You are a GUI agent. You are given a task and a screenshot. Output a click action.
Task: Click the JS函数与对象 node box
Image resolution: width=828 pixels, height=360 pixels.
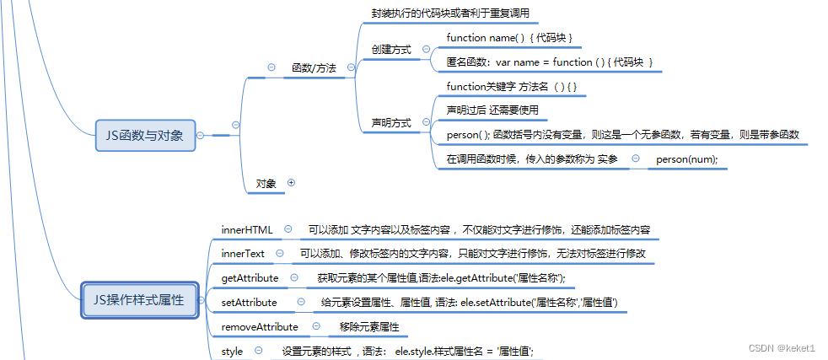[x=145, y=135]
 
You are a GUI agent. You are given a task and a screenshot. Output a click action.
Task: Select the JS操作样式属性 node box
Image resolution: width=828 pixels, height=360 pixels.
[x=139, y=300]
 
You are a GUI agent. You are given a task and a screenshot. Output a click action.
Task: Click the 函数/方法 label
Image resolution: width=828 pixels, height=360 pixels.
[x=314, y=68]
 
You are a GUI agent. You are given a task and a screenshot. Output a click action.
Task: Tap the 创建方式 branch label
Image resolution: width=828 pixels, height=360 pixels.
[x=391, y=50]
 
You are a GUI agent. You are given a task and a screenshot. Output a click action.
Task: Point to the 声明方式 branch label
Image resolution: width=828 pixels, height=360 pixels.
[x=391, y=123]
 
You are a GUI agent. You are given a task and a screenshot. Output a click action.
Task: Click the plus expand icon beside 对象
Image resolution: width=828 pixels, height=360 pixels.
[x=291, y=183]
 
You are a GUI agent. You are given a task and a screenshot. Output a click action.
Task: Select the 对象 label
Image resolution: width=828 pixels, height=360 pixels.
[x=266, y=184]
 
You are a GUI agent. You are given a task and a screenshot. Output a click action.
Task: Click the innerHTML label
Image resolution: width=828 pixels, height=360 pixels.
[x=247, y=229]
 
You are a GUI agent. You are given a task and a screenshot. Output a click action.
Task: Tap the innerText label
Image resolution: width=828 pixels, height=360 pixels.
[x=243, y=254]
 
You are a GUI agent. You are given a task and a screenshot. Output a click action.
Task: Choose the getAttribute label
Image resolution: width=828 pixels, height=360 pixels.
[x=250, y=278]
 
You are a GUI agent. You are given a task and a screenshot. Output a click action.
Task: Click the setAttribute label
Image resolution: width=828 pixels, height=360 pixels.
[x=250, y=303]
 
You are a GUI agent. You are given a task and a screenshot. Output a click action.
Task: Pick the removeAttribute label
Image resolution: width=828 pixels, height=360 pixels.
[x=260, y=327]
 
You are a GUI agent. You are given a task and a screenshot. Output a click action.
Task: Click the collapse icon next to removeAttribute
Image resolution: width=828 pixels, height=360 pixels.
[x=316, y=326]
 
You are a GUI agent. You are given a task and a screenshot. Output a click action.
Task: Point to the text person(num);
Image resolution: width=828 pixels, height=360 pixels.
[x=687, y=160]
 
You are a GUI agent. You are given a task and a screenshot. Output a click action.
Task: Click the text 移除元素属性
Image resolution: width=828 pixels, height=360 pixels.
[x=369, y=327]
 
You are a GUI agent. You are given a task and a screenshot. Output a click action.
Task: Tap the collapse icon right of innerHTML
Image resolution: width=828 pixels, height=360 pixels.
[x=288, y=229]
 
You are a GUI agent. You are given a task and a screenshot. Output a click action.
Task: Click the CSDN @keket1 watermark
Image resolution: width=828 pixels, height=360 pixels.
[x=782, y=348]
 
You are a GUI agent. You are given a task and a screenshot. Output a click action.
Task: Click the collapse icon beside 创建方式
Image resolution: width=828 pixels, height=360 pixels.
[x=426, y=49]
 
